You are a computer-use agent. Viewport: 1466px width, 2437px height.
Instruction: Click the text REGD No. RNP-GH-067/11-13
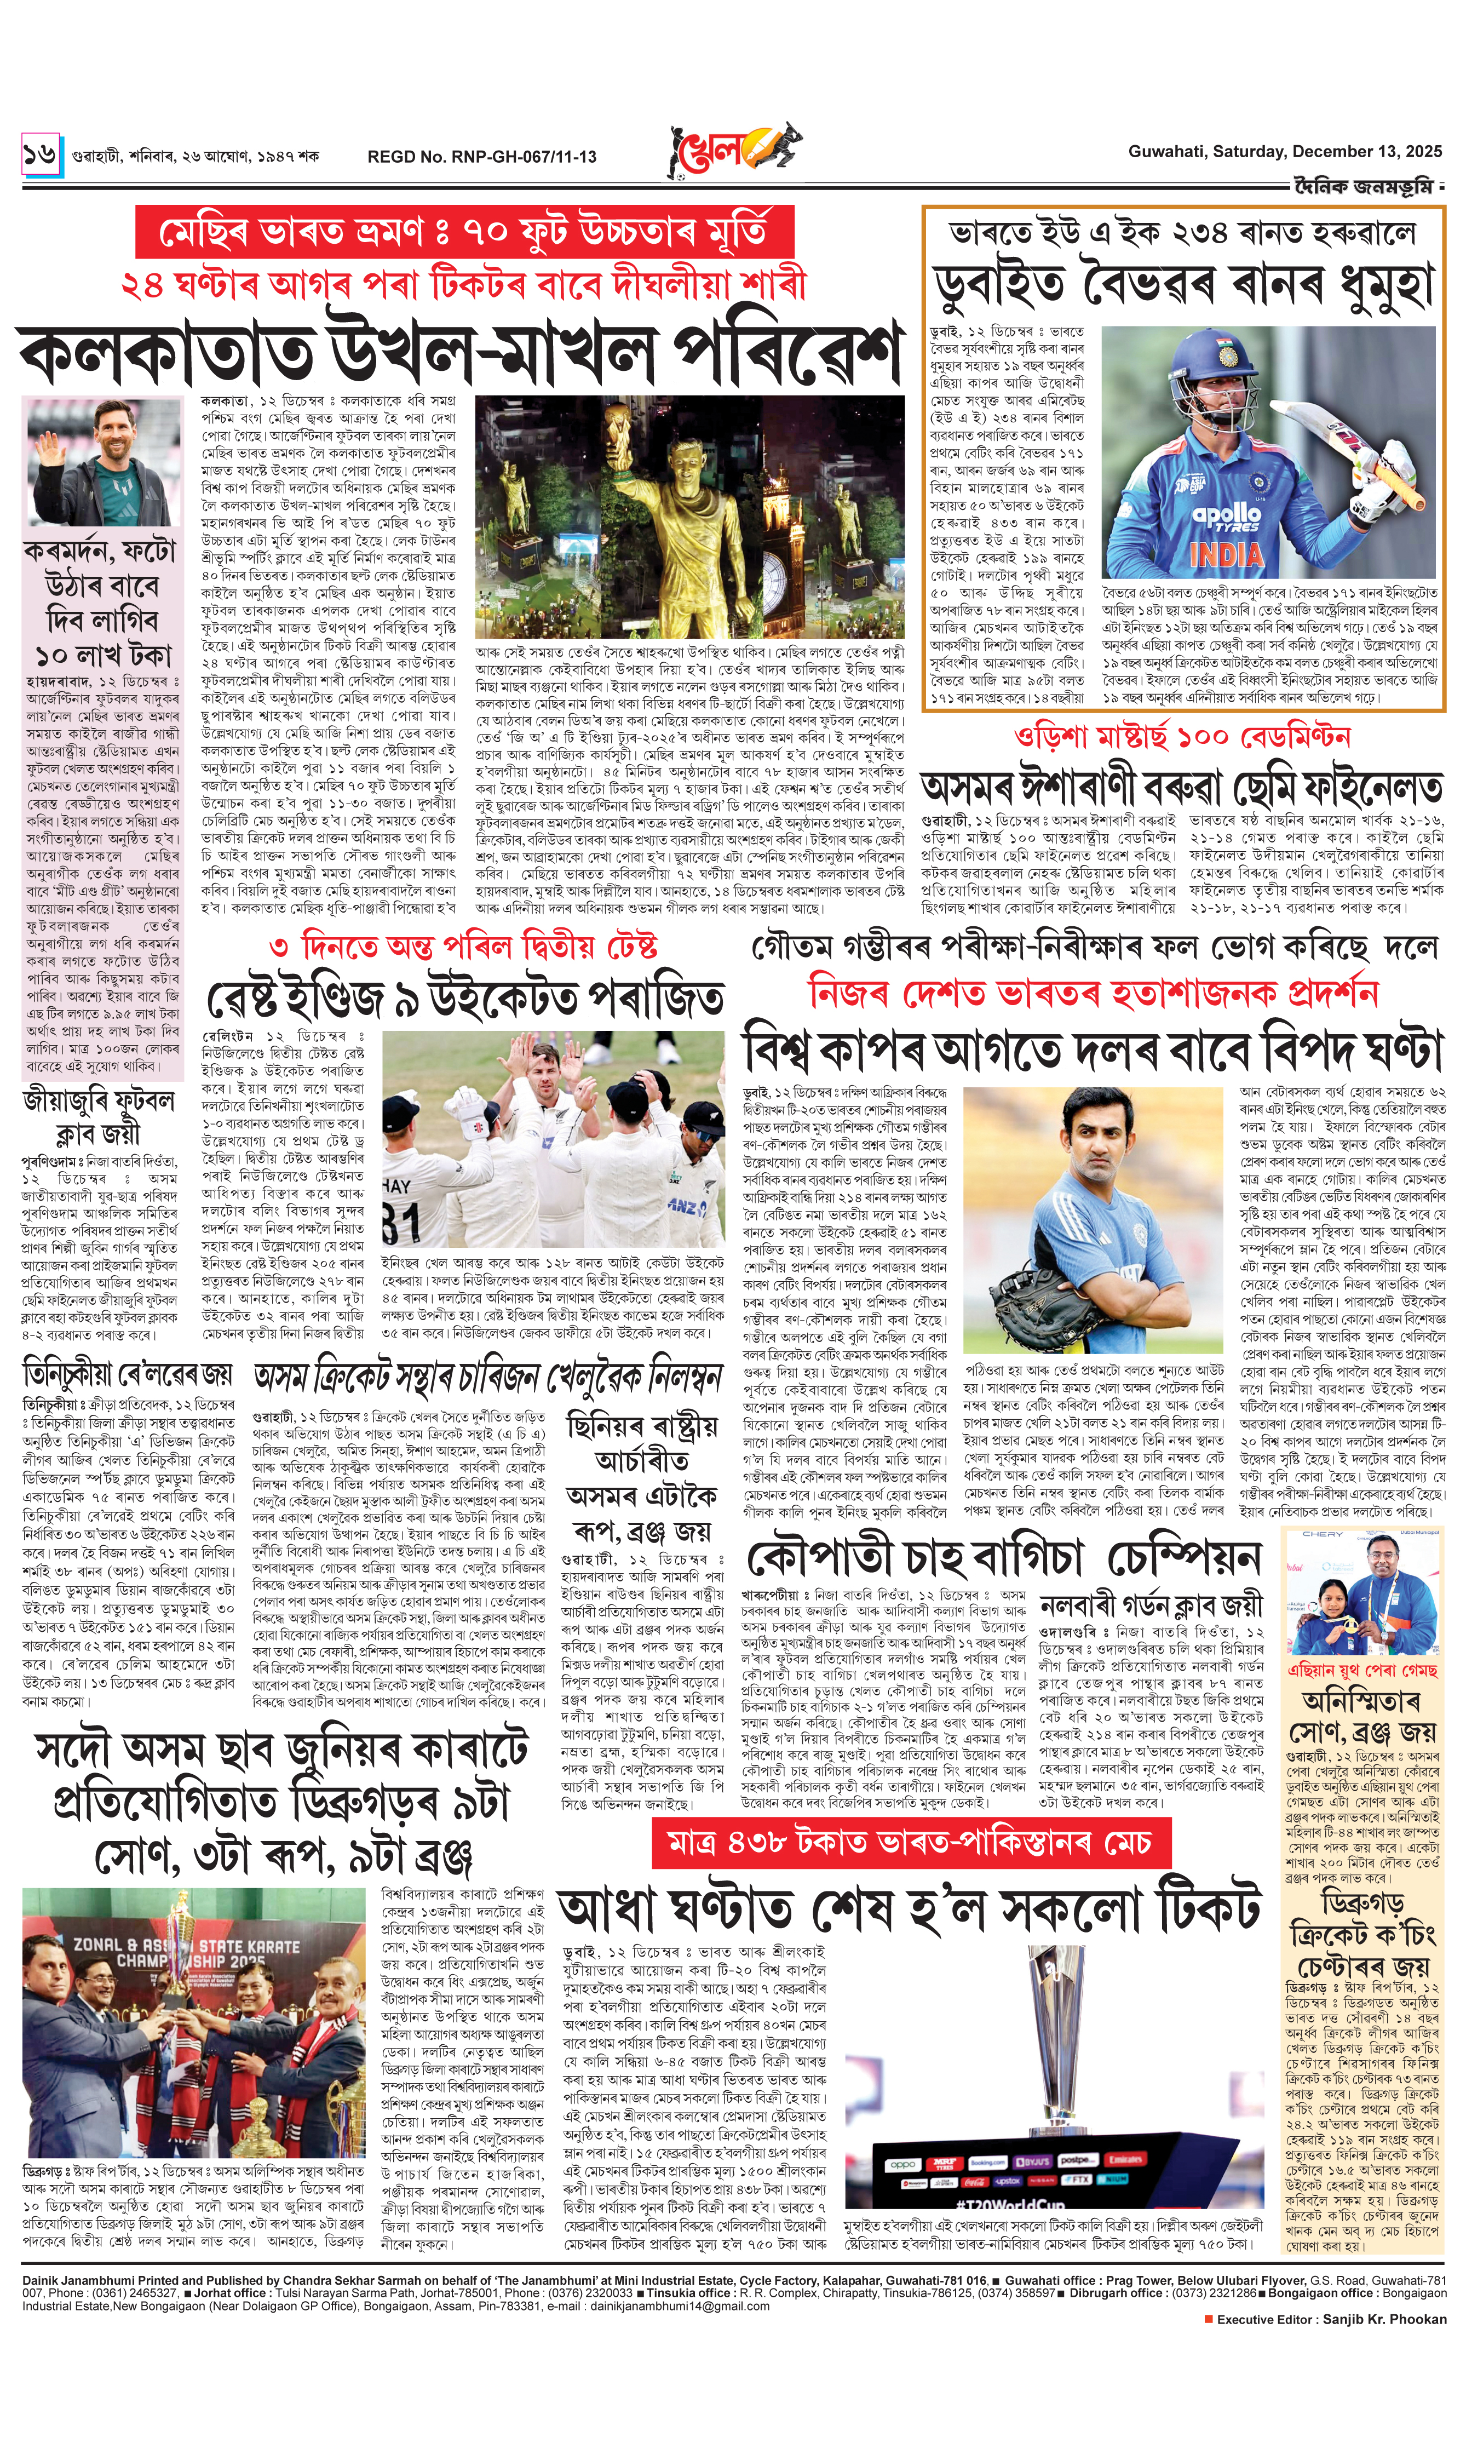(481, 156)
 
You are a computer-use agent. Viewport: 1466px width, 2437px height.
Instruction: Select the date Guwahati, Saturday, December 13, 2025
(1284, 151)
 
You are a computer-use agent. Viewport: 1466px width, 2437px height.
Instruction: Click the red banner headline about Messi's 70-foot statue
(464, 233)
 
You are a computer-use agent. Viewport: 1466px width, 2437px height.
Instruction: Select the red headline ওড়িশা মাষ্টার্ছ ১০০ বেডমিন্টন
(1181, 737)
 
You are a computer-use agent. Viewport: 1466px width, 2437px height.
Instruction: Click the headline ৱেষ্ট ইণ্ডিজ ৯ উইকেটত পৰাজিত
(464, 999)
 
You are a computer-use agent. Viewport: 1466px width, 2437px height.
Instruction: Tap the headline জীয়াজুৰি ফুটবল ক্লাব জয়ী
(99, 1116)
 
